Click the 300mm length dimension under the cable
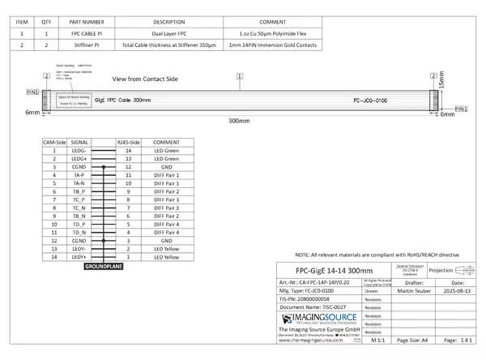[239, 120]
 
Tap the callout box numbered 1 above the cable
[240, 75]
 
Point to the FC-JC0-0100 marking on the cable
[376, 101]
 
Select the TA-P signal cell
[79, 175]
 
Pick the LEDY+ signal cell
[79, 257]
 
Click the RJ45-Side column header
[130, 142]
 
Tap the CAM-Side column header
[53, 142]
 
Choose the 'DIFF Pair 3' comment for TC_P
[166, 199]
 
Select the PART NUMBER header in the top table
[87, 21]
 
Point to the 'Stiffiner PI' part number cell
[87, 45]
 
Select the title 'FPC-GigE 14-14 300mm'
[334, 270]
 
